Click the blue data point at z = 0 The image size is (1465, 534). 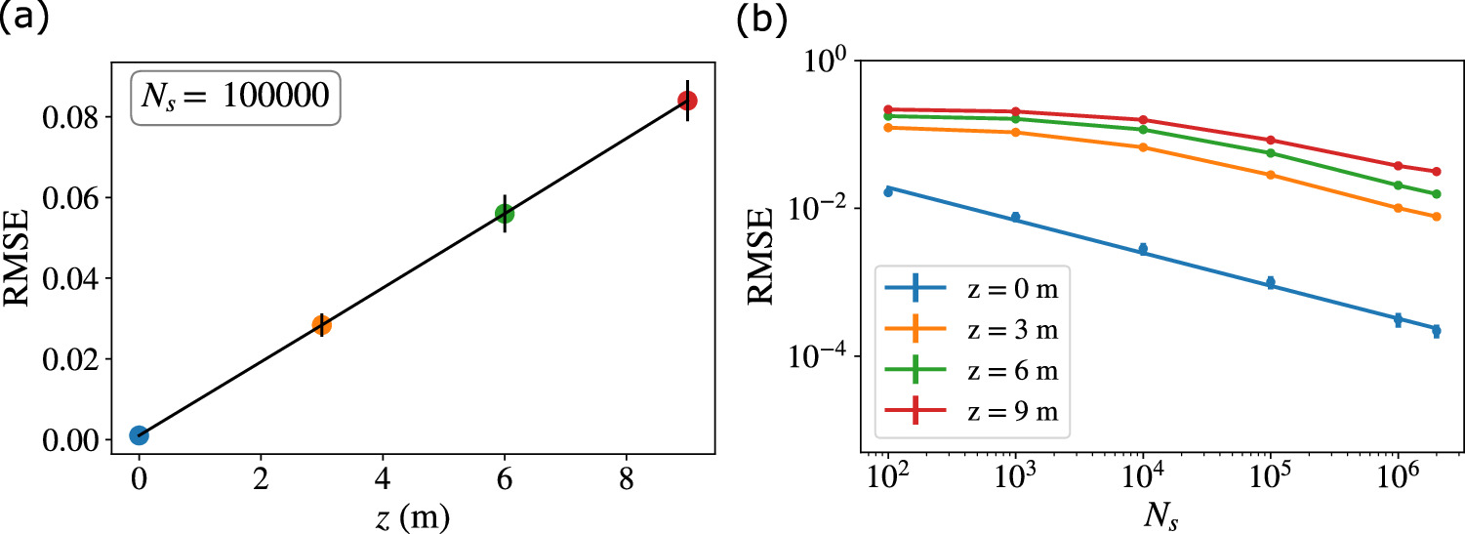tap(139, 435)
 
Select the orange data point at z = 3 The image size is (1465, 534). tap(321, 325)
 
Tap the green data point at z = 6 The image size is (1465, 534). tap(505, 214)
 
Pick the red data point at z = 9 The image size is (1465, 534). tap(687, 101)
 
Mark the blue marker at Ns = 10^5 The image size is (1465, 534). tap(1271, 283)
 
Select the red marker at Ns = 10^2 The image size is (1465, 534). tap(888, 109)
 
